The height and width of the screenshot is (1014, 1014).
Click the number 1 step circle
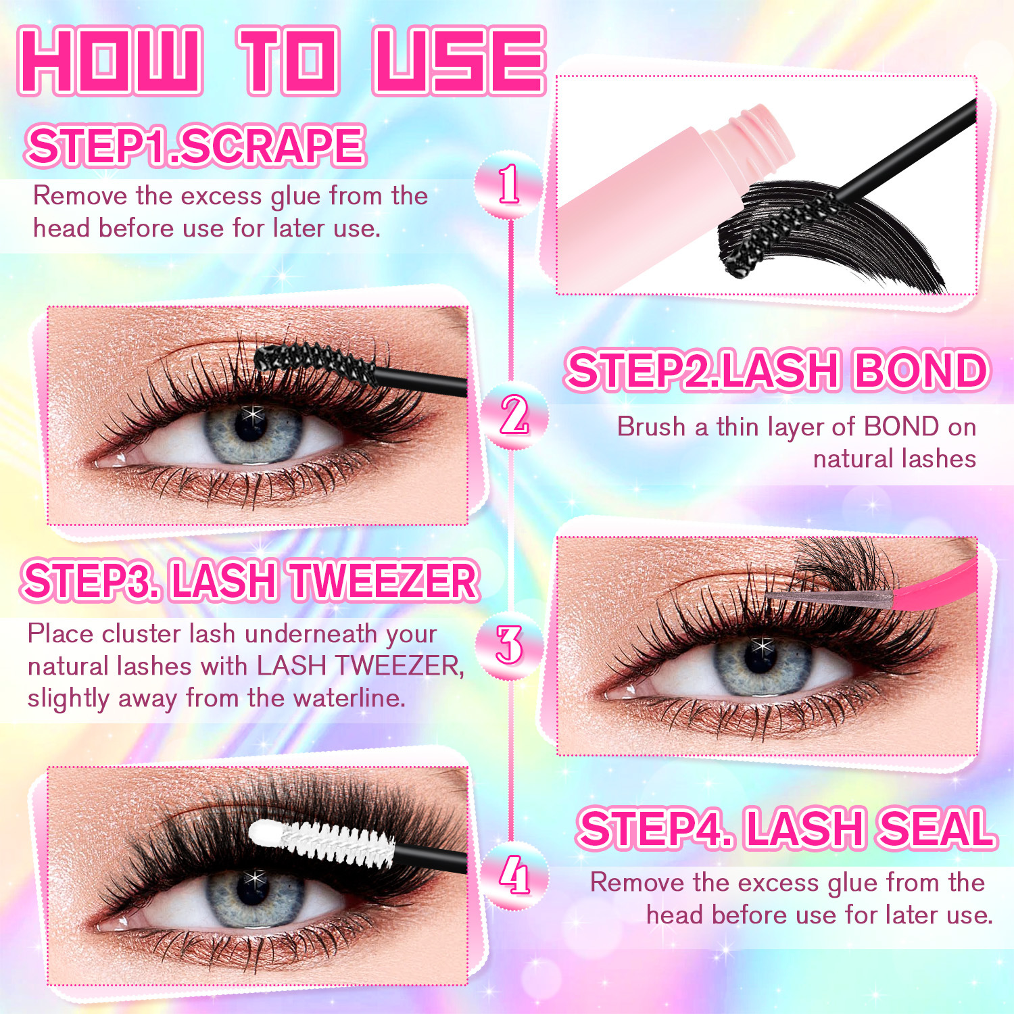[x=509, y=185]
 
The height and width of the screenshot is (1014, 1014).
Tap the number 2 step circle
[x=513, y=415]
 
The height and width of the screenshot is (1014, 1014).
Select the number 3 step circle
[x=509, y=644]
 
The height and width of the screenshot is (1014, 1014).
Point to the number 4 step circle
[x=514, y=876]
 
